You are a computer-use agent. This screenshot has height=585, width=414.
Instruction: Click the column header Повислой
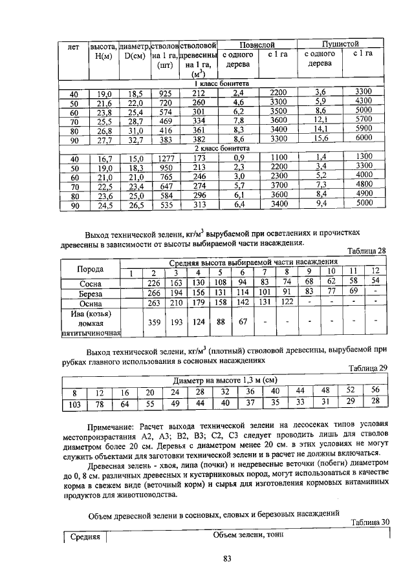point(257,45)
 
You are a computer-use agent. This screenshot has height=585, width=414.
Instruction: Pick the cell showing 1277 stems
point(165,158)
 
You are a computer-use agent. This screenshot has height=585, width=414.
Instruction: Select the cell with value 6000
point(364,138)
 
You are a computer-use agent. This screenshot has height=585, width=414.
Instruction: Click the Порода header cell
point(90,268)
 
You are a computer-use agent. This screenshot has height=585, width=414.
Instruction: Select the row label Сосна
point(90,283)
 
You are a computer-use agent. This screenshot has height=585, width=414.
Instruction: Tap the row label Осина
point(90,303)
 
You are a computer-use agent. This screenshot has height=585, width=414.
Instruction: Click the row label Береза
point(90,293)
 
